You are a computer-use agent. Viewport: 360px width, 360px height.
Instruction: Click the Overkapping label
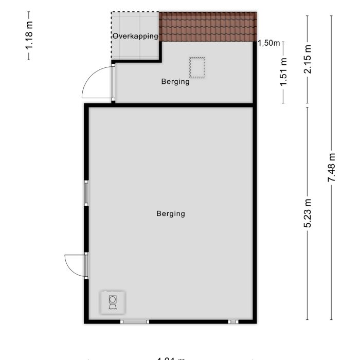[x=135, y=36]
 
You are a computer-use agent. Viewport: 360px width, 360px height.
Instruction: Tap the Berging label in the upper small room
[x=175, y=81]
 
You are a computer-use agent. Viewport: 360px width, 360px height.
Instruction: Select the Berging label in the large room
[x=171, y=213]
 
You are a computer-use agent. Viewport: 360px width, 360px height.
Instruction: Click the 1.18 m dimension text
[x=29, y=35]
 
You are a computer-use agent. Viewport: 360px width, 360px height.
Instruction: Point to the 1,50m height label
[x=268, y=43]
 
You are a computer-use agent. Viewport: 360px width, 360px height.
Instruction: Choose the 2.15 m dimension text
[x=308, y=59]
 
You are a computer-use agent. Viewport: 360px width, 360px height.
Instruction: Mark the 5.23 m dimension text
[x=308, y=213]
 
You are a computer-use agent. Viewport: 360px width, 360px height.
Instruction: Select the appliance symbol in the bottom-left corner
[x=112, y=302]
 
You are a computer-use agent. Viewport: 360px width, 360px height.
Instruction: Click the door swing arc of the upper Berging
[x=96, y=82]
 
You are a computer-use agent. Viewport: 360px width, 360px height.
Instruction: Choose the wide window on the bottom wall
[x=135, y=322]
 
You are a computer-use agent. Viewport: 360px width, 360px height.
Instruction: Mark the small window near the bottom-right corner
[x=233, y=322]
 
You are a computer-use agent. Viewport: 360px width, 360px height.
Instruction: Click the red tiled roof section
[x=208, y=26]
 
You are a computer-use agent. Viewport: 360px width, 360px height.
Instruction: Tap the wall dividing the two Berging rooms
[x=170, y=105]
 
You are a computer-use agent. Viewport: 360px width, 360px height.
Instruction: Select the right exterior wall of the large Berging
[x=254, y=213]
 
